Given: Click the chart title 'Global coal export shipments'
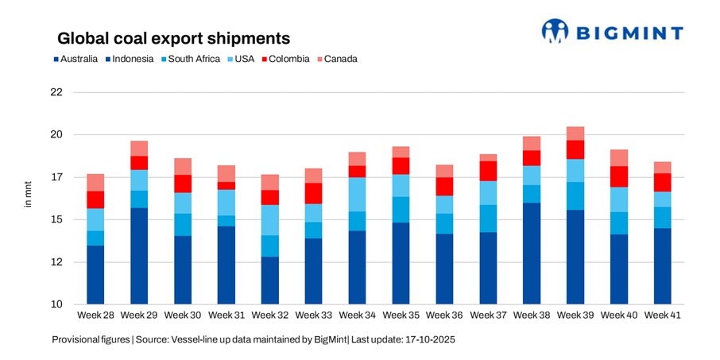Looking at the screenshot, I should [x=172, y=38].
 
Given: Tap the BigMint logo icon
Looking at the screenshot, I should [x=555, y=31].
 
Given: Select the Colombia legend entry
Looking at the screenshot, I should [x=286, y=59].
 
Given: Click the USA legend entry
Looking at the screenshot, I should [x=240, y=59].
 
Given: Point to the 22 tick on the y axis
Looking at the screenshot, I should [x=56, y=92].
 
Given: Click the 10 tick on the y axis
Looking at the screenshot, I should [x=56, y=304].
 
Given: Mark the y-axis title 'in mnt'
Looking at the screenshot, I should [x=27, y=198].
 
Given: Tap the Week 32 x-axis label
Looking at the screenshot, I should [x=270, y=316].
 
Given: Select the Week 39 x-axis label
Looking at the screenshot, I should [x=575, y=316].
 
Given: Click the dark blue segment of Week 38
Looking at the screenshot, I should [x=532, y=254].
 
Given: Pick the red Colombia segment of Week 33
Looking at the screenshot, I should [x=314, y=193].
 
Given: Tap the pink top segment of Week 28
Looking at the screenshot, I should [x=95, y=183].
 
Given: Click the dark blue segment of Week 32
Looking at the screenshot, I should [x=270, y=281].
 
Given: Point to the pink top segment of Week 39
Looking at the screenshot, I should [x=575, y=134].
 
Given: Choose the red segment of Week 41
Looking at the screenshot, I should [x=662, y=183].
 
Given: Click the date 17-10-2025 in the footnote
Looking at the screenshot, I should [x=428, y=339].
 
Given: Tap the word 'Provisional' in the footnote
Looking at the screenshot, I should [x=77, y=339].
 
